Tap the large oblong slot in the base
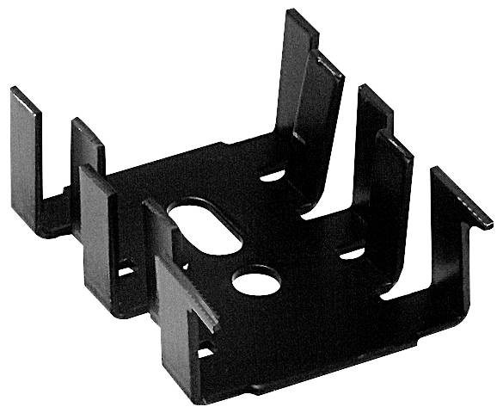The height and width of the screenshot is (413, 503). point(205,225)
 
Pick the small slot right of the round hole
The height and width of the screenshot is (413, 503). point(351,253)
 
